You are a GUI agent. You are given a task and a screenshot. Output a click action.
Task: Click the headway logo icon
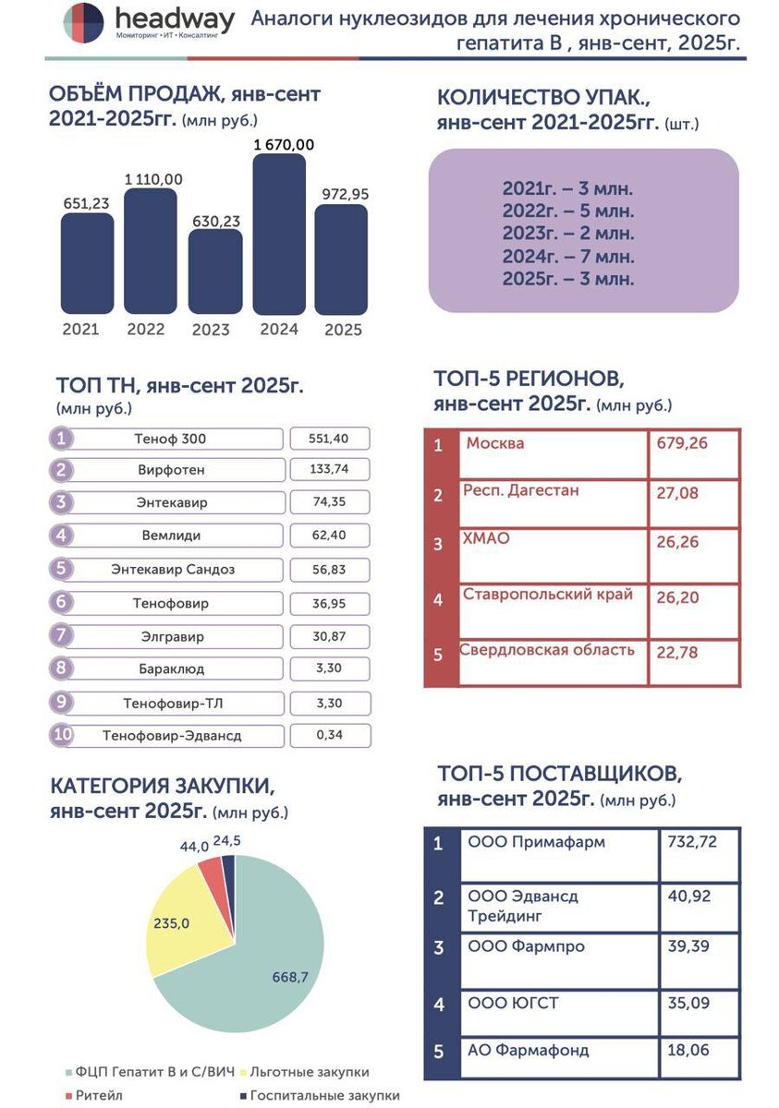pyautogui.click(x=83, y=22)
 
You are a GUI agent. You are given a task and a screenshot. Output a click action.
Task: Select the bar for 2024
pyautogui.click(x=279, y=235)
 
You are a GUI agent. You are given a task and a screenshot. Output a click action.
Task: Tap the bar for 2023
pyautogui.click(x=215, y=272)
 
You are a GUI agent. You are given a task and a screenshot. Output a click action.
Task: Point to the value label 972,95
pyautogui.click(x=341, y=194)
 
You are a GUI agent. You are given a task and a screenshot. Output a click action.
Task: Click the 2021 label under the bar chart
pyautogui.click(x=80, y=329)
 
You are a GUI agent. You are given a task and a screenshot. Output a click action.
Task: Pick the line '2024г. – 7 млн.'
pyautogui.click(x=568, y=257)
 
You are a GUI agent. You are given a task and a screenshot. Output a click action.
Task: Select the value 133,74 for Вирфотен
pyautogui.click(x=330, y=469)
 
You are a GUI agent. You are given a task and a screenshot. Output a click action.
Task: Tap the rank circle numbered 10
pyautogui.click(x=61, y=736)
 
